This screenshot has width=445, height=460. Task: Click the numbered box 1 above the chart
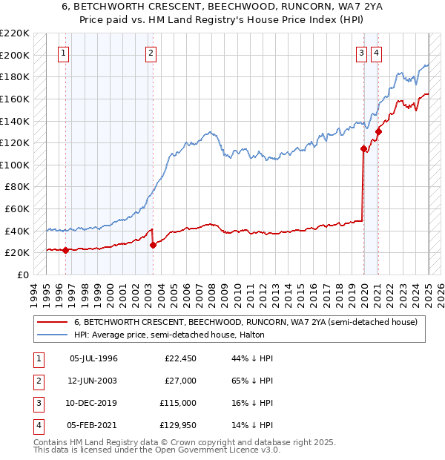point(64,53)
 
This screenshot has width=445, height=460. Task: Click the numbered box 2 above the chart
point(151,53)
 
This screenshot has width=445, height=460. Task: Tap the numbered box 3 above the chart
point(361,53)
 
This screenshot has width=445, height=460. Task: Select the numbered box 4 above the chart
point(377,53)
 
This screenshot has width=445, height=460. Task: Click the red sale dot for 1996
point(65,250)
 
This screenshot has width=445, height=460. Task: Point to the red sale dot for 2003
point(153,245)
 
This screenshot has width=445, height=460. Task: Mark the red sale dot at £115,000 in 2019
point(363,148)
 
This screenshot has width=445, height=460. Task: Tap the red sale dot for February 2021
point(378,132)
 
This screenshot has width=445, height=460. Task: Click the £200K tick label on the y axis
point(14,55)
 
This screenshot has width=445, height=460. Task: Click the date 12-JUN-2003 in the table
point(93,381)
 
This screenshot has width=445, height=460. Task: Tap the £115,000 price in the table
point(178,403)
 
